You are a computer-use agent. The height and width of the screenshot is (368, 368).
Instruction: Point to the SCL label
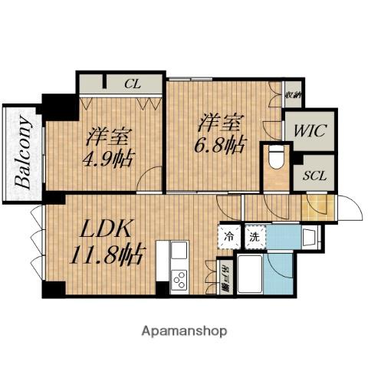[314, 176]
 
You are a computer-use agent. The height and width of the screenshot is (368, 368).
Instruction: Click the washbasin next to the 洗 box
[310, 236]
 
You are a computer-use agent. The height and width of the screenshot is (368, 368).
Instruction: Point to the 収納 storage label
[292, 96]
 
